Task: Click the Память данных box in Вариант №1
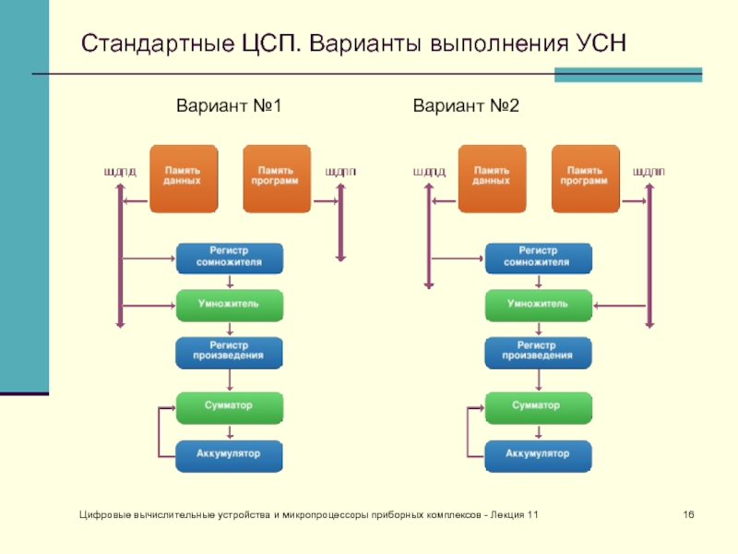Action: pyautogui.click(x=184, y=178)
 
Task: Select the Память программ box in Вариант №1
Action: pyautogui.click(x=276, y=178)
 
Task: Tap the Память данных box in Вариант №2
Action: pyautogui.click(x=492, y=178)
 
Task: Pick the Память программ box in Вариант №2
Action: pyautogui.click(x=584, y=178)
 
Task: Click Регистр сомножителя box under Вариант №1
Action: pyautogui.click(x=230, y=258)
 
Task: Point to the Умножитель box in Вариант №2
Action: pyautogui.click(x=538, y=305)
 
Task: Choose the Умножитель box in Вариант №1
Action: pyautogui.click(x=230, y=305)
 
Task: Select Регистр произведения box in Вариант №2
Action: pyautogui.click(x=538, y=352)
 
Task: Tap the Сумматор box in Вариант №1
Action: pyautogui.click(x=230, y=406)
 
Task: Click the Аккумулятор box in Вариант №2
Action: pyautogui.click(x=538, y=455)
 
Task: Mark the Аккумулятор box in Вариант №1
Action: pyautogui.click(x=230, y=455)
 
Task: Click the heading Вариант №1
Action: pyautogui.click(x=228, y=108)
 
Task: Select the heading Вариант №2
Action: pyautogui.click(x=467, y=108)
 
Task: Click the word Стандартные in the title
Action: pyautogui.click(x=140, y=43)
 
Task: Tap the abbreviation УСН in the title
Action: pyautogui.click(x=601, y=43)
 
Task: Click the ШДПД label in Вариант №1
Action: pyautogui.click(x=119, y=172)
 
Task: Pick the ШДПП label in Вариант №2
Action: pyautogui.click(x=649, y=172)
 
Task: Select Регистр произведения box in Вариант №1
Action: pyautogui.click(x=230, y=352)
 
